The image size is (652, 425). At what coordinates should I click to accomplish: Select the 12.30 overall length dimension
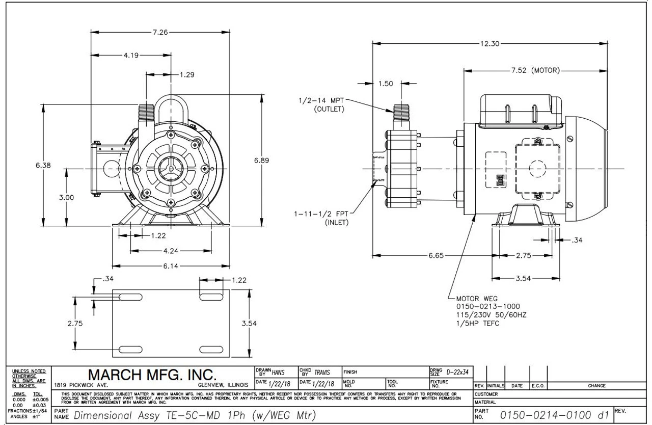pos(490,44)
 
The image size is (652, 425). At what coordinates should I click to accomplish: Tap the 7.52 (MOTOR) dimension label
pos(535,70)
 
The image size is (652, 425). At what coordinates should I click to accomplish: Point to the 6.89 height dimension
pos(261,161)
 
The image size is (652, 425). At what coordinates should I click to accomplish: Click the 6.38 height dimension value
pos(43,165)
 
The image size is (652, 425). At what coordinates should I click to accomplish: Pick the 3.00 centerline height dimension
pos(66,197)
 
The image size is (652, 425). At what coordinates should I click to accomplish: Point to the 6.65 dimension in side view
pos(436,256)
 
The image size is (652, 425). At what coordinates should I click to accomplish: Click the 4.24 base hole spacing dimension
pos(170,251)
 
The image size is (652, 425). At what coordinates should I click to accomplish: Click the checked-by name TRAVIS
pos(322,373)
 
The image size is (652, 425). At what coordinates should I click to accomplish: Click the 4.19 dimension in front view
pos(130,55)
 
